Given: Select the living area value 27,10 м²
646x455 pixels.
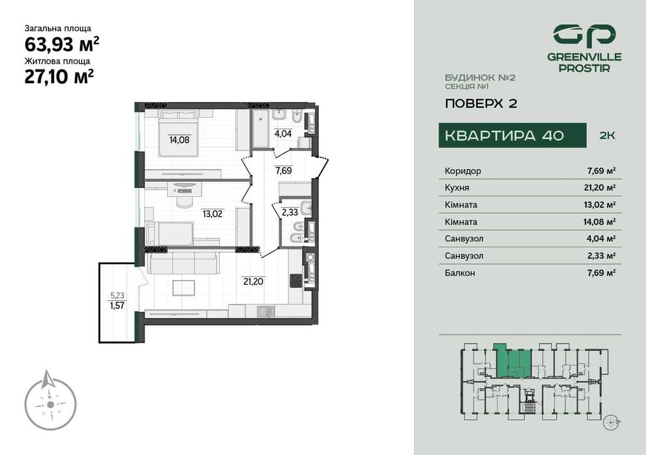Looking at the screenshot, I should pyautogui.click(x=59, y=77).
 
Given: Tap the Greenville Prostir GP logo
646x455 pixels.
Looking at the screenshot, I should pyautogui.click(x=584, y=34).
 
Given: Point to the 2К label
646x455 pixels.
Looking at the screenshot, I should pyautogui.click(x=606, y=135).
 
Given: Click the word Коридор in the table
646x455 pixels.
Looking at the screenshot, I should pyautogui.click(x=463, y=171).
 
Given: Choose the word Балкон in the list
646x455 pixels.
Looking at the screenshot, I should pyautogui.click(x=460, y=273).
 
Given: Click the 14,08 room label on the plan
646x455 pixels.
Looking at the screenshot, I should pyautogui.click(x=179, y=138).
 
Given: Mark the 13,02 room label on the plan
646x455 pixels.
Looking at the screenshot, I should pyautogui.click(x=212, y=212).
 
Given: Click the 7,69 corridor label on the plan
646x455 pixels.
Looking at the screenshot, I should pyautogui.click(x=282, y=172).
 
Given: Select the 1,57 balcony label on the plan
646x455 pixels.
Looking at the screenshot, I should pyautogui.click(x=117, y=305).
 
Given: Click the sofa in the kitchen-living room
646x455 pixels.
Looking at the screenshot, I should pyautogui.click(x=182, y=263).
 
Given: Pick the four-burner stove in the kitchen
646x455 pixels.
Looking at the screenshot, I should pyautogui.click(x=296, y=280).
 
